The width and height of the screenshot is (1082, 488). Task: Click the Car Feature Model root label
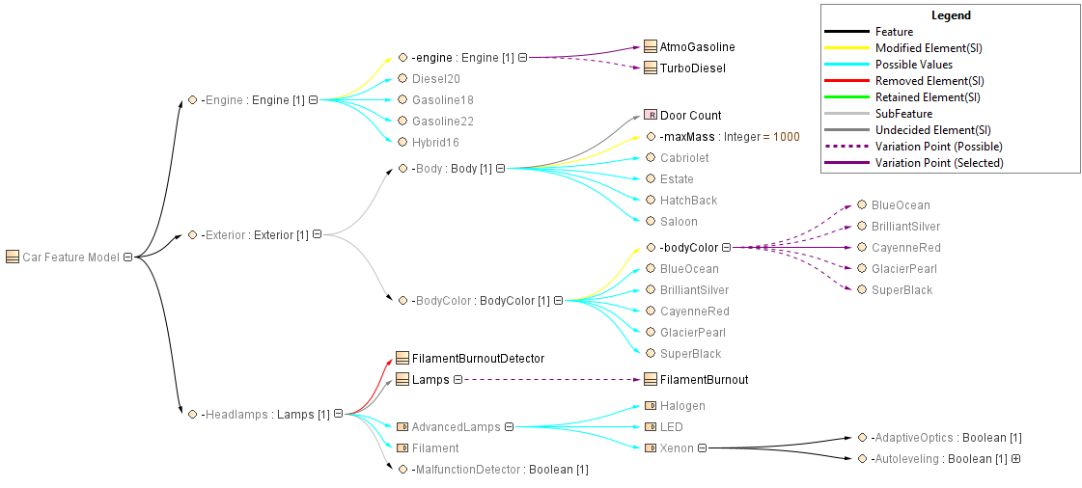click(70, 257)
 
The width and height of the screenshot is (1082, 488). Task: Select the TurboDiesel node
click(692, 68)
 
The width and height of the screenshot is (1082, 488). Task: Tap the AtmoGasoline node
click(697, 46)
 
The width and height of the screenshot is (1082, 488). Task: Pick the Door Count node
click(690, 115)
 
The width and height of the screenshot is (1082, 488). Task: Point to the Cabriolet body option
click(683, 157)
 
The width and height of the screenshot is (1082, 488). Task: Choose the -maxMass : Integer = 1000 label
click(730, 136)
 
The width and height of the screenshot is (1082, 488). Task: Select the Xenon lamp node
click(677, 447)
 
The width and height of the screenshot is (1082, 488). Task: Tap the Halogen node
click(682, 405)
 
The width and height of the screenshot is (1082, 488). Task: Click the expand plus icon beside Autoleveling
click(1015, 459)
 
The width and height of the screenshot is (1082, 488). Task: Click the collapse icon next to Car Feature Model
click(127, 257)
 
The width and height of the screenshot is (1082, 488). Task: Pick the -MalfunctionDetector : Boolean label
click(499, 469)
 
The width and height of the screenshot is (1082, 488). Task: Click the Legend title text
click(951, 15)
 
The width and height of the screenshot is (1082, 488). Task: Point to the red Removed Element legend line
click(846, 81)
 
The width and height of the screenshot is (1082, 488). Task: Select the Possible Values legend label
click(913, 65)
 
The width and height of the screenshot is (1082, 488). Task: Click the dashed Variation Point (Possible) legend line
click(846, 147)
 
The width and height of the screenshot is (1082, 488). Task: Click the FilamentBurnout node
click(704, 379)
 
